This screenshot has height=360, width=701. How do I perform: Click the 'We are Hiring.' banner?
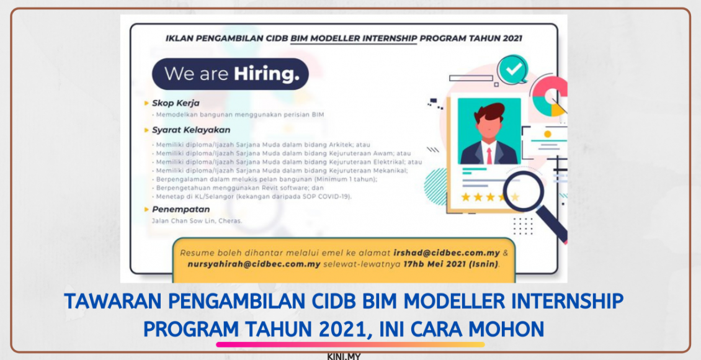point(230,74)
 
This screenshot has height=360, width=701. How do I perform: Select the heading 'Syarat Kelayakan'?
point(191,130)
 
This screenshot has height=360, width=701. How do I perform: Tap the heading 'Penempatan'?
point(181,209)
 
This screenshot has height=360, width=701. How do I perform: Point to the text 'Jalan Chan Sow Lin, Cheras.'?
point(197,220)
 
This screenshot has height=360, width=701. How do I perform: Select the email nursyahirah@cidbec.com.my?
point(254,264)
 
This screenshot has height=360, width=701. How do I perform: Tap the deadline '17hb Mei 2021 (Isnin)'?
point(453,264)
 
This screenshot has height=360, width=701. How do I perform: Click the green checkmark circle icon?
point(512,70)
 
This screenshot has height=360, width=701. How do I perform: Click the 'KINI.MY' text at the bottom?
point(344,356)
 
